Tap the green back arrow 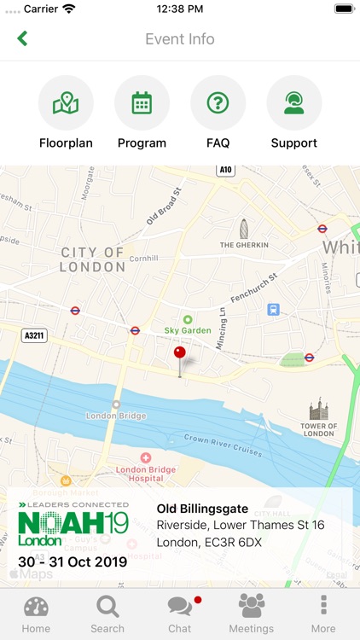pos(22,38)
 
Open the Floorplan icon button pos(66,103)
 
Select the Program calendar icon pos(142,103)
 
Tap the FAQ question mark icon pos(218,103)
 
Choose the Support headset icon pos(293,103)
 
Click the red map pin pos(179,353)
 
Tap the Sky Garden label pos(187,329)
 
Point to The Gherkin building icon pos(244,230)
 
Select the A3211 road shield pos(34,336)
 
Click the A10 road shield pos(225,171)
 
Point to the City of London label pos(93,259)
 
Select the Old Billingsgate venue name pos(202,509)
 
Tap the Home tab pos(36,614)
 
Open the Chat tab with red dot pos(179,614)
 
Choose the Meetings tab pos(251,614)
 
